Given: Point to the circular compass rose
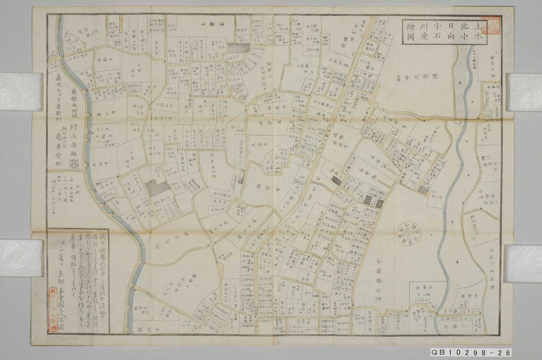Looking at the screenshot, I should tap(406, 233).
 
